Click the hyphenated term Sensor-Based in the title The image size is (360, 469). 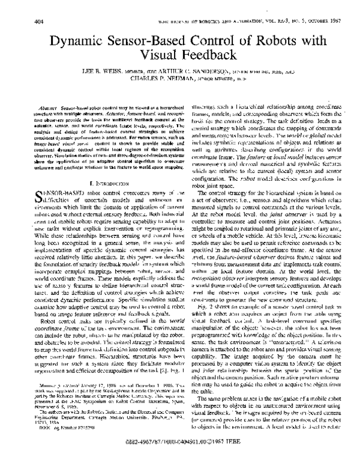pyautogui.click(x=157, y=40)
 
